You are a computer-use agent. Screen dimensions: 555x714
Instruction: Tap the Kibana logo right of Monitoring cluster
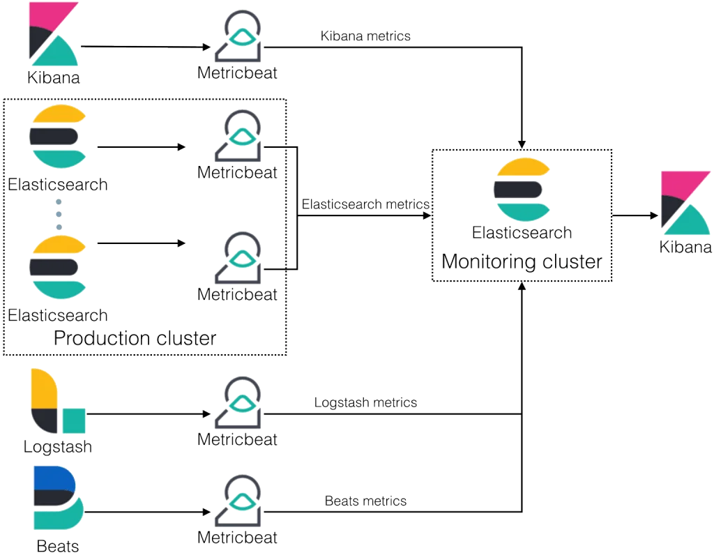[686, 204]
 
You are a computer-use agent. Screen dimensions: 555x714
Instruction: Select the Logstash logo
[58, 402]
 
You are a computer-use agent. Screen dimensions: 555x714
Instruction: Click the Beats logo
[57, 498]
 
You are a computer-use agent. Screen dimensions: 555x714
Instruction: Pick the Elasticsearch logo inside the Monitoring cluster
[522, 189]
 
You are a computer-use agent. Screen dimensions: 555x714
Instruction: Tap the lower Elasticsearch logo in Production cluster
[59, 268]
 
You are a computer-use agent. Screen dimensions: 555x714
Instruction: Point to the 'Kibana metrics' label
[367, 36]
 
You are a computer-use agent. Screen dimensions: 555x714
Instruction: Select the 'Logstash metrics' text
[366, 402]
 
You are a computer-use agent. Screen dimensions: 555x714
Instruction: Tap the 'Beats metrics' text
[365, 501]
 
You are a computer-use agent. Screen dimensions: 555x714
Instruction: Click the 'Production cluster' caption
[135, 339]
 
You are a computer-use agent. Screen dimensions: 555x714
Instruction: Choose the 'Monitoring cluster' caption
[522, 262]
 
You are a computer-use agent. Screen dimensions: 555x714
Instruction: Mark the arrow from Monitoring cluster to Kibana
[636, 217]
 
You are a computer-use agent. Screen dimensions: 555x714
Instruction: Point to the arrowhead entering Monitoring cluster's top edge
[522, 143]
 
